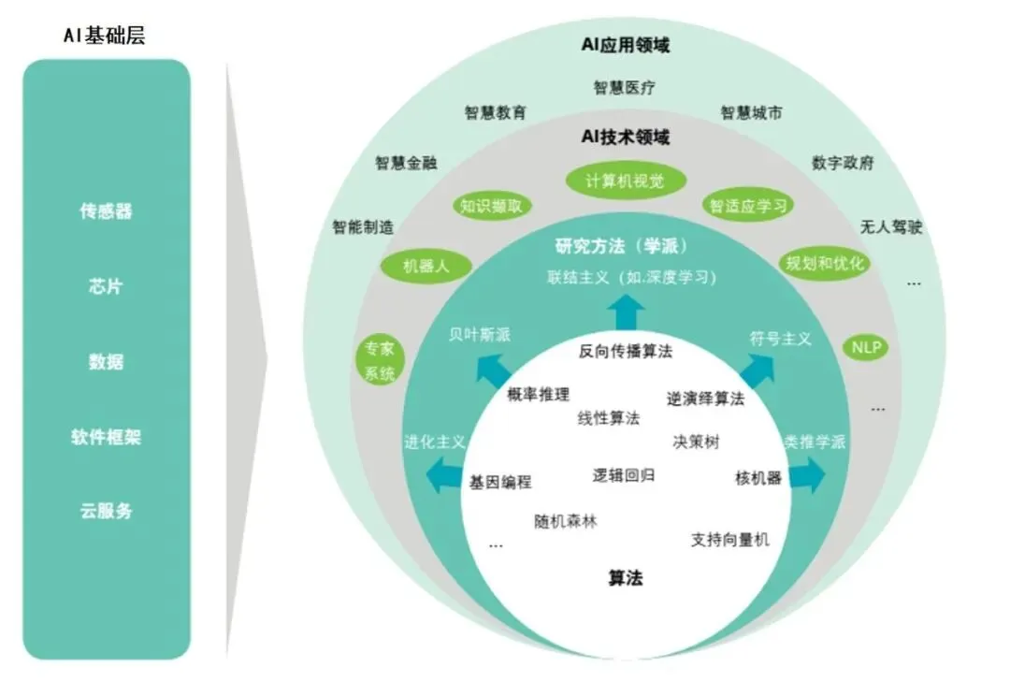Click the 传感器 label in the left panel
pos(106,211)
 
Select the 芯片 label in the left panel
pos(106,286)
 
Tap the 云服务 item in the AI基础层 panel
pos(106,511)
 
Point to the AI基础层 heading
pos(104,36)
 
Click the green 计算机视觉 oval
pos(625,181)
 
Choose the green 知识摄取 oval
pos(491,207)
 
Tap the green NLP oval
pos(866,347)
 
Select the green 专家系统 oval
pos(379,360)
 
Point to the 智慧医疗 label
pos(625,88)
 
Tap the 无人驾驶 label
pos(891,226)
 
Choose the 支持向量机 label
pos(730,539)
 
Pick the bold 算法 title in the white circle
pos(625,578)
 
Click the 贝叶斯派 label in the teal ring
pos(479,335)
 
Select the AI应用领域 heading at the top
pos(625,44)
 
